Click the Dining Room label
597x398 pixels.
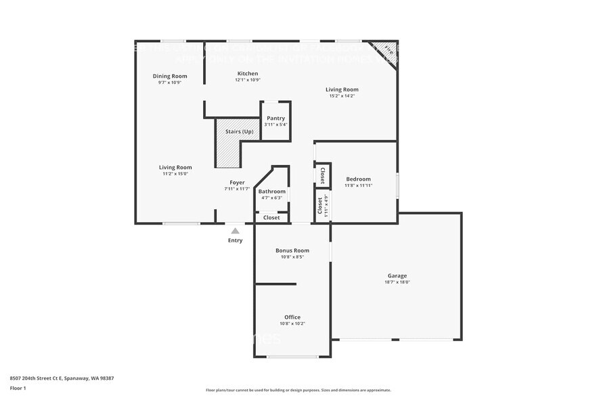[x=170, y=76]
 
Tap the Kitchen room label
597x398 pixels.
[x=247, y=73]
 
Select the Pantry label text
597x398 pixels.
[x=275, y=118]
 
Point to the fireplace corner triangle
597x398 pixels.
[x=388, y=50]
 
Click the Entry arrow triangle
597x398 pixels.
[x=235, y=231]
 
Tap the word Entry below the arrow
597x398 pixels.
[x=235, y=240]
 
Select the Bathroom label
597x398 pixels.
[x=272, y=192]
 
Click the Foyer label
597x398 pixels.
[x=237, y=182]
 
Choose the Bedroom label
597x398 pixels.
[x=357, y=179]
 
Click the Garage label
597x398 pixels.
[x=397, y=275]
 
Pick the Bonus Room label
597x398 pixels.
[x=292, y=250]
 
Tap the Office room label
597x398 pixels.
[x=292, y=317]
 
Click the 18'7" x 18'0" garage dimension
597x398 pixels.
[x=397, y=282]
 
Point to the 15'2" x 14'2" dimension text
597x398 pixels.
[x=342, y=96]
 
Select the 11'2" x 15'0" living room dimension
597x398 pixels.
[x=175, y=174]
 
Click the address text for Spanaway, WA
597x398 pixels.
[x=62, y=378]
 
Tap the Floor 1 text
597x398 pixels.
[x=18, y=388]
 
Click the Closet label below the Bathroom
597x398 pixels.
[x=271, y=217]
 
